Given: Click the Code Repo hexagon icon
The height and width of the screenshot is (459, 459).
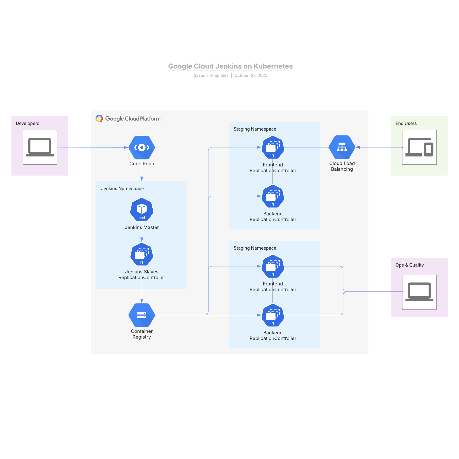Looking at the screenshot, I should [142, 147].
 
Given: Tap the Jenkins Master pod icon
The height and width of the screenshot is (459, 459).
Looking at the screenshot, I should [142, 209].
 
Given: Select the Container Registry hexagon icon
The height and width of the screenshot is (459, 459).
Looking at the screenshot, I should [142, 315].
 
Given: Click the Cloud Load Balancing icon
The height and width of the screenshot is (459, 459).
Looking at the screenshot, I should [342, 147].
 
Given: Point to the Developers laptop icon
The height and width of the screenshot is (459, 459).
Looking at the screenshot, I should [40, 147].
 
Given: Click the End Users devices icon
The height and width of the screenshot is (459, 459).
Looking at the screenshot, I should [419, 147].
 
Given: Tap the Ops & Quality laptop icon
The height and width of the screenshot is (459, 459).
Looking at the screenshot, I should [419, 292].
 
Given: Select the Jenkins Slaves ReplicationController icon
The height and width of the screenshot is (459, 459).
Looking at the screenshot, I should [142, 254].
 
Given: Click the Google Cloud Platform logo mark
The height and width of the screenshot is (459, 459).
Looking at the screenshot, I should [99, 118].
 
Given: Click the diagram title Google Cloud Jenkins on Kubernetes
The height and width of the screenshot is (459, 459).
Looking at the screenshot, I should [230, 66].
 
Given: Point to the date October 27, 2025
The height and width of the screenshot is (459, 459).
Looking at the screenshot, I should [251, 75].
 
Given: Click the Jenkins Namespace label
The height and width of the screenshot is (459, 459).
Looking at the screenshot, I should [122, 188].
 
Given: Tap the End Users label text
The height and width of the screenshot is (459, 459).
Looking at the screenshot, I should [406, 123].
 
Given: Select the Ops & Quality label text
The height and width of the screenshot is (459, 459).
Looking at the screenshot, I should [409, 265].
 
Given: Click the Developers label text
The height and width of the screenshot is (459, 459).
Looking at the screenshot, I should [28, 123].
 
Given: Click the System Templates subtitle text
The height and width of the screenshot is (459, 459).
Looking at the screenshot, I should [211, 75].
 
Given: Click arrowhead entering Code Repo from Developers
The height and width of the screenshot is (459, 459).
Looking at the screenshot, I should [126, 147].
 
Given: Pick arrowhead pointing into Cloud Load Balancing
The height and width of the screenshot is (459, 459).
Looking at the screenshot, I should [358, 147].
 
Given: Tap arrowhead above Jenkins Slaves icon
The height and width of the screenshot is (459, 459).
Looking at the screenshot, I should [142, 240].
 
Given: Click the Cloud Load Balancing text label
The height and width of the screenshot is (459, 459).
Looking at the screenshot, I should [342, 166].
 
